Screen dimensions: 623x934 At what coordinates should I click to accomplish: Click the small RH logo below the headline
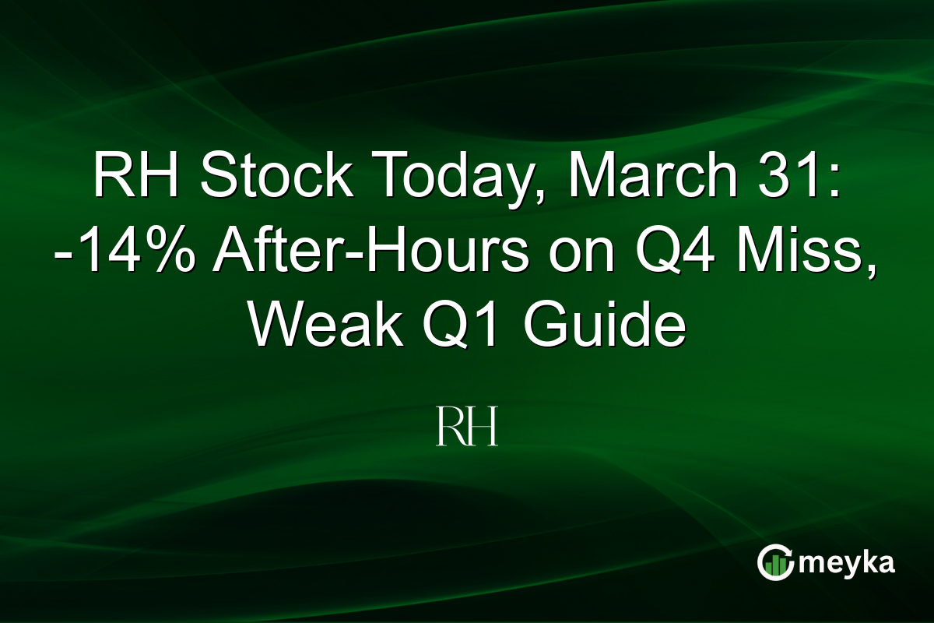pos(467,428)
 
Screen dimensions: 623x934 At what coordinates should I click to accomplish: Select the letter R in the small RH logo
pos(451,428)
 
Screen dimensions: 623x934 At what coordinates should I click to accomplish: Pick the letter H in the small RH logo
pos(483,428)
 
